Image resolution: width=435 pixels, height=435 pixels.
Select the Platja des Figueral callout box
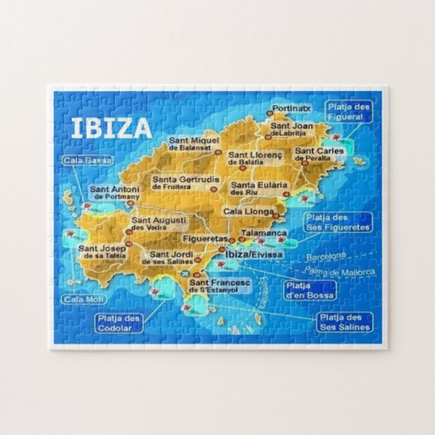[349, 111]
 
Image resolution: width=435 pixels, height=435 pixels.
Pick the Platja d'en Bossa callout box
[309, 290]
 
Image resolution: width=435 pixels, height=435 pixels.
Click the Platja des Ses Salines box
[344, 322]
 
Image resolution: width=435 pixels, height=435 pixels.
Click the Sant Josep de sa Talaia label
[101, 252]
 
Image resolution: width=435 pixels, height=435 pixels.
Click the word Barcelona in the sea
[326, 257]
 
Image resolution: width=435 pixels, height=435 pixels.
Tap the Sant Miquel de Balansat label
[195, 143]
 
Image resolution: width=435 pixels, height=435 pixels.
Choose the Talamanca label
[265, 232]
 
